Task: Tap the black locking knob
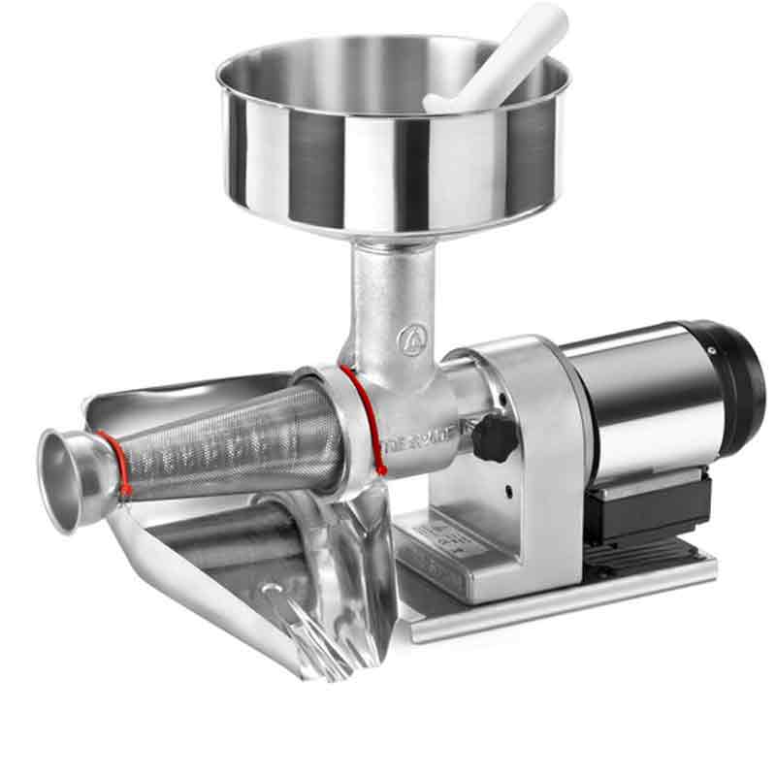coord(493,438)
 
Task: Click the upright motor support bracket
coord(543,466)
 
